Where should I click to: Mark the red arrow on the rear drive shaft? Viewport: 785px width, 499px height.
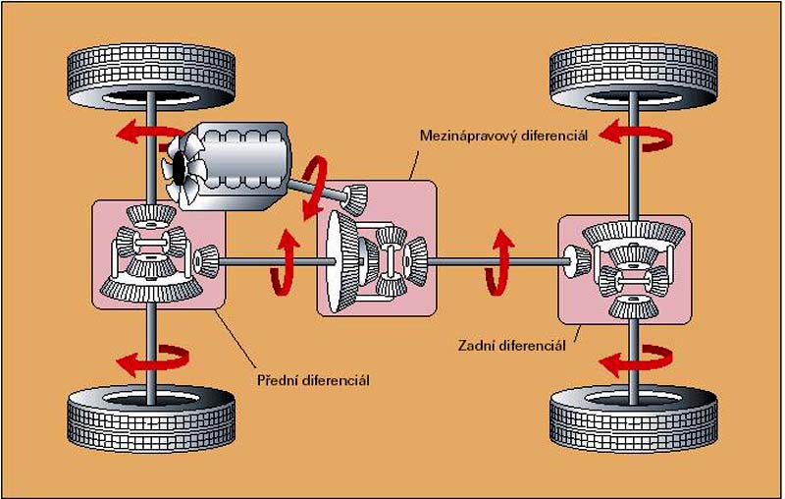click(501, 259)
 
